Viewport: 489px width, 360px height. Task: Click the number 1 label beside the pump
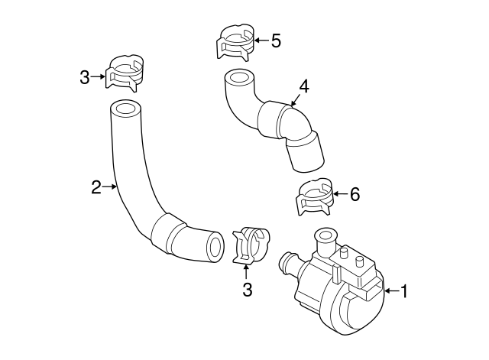pyautogui.click(x=404, y=290)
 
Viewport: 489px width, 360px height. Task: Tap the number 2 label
pyautogui.click(x=96, y=186)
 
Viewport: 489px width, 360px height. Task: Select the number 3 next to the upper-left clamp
pyautogui.click(x=85, y=76)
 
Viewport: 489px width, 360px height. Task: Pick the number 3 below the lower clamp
pyautogui.click(x=247, y=290)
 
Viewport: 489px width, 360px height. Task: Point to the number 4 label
pyautogui.click(x=303, y=87)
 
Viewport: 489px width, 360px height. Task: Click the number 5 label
pyautogui.click(x=276, y=40)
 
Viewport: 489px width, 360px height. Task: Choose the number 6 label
pyautogui.click(x=354, y=194)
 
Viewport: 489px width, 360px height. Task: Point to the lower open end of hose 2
pyautogui.click(x=215, y=246)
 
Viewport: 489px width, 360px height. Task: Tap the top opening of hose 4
pyautogui.click(x=238, y=79)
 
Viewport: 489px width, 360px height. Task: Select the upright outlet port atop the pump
pyautogui.click(x=326, y=238)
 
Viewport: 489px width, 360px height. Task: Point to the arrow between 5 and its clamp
pyautogui.click(x=259, y=40)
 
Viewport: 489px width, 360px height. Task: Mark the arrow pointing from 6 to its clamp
pyautogui.click(x=338, y=194)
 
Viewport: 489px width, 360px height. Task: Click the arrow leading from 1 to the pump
pyautogui.click(x=390, y=290)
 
